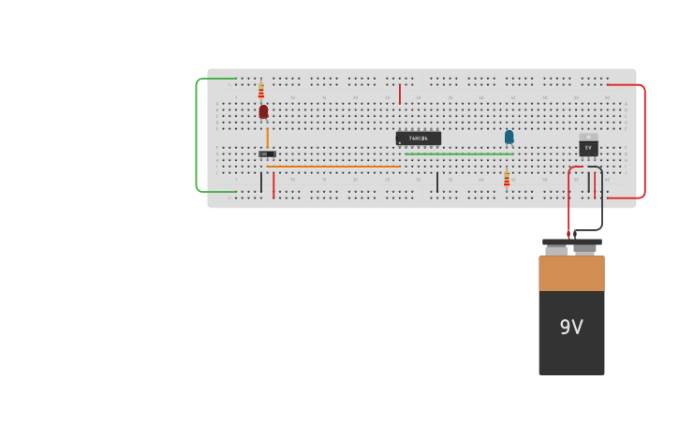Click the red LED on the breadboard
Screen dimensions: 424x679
[263, 111]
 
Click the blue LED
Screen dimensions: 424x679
[509, 137]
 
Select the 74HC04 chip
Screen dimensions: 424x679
[418, 139]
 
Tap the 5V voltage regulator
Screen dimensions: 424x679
[588, 146]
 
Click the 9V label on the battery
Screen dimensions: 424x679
[571, 328]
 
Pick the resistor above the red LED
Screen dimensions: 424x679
[260, 91]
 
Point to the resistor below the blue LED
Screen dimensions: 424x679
[507, 178]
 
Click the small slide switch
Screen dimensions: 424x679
[267, 154]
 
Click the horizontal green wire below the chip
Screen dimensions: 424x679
[459, 154]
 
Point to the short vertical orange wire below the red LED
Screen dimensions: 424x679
[267, 138]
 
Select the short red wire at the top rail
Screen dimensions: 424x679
[400, 94]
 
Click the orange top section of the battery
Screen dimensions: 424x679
[571, 273]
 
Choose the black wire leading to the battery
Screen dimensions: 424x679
[601, 201]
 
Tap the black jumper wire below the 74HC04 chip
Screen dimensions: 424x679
[436, 182]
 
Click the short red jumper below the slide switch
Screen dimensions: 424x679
[273, 184]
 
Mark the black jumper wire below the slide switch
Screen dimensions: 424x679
[261, 182]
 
